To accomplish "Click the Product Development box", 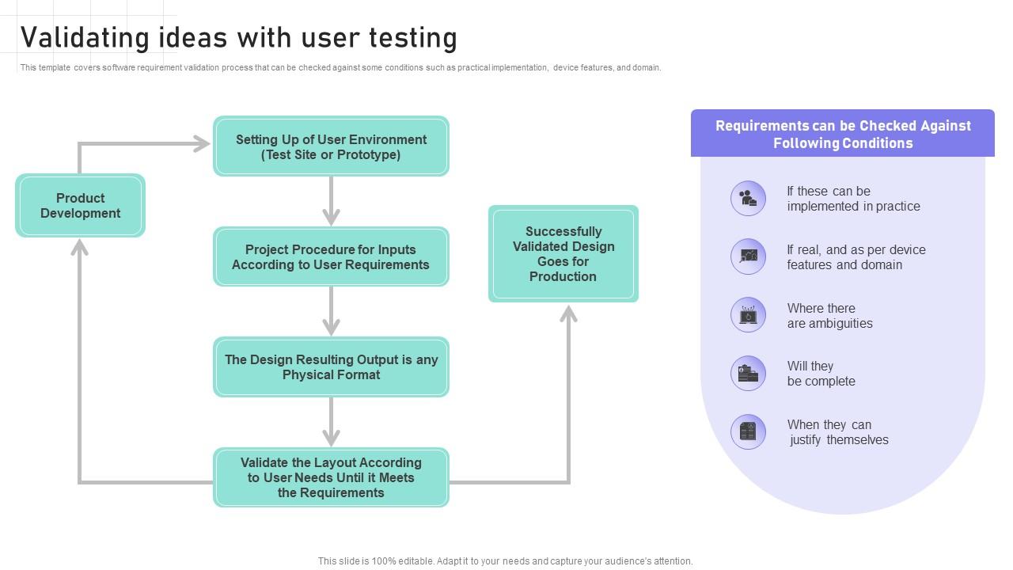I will [x=80, y=206].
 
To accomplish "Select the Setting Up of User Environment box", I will [x=331, y=146].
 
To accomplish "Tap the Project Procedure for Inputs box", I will [x=331, y=256].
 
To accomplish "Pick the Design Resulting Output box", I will [x=331, y=367].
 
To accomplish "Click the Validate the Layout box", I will [x=331, y=477].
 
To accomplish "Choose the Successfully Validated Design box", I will [x=563, y=253].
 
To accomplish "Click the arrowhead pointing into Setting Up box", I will [x=201, y=143].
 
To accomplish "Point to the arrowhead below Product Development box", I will [x=79, y=248].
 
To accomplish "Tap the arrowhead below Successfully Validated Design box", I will [x=568, y=314].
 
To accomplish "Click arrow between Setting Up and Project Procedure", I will [x=331, y=201].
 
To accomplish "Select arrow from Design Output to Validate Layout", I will [x=331, y=422].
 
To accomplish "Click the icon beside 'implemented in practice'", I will [x=748, y=198].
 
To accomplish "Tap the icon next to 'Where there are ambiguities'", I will [x=748, y=315].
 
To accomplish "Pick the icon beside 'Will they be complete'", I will [x=748, y=374].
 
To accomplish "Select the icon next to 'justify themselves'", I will [x=748, y=432].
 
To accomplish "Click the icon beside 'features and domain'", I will [x=748, y=256].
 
